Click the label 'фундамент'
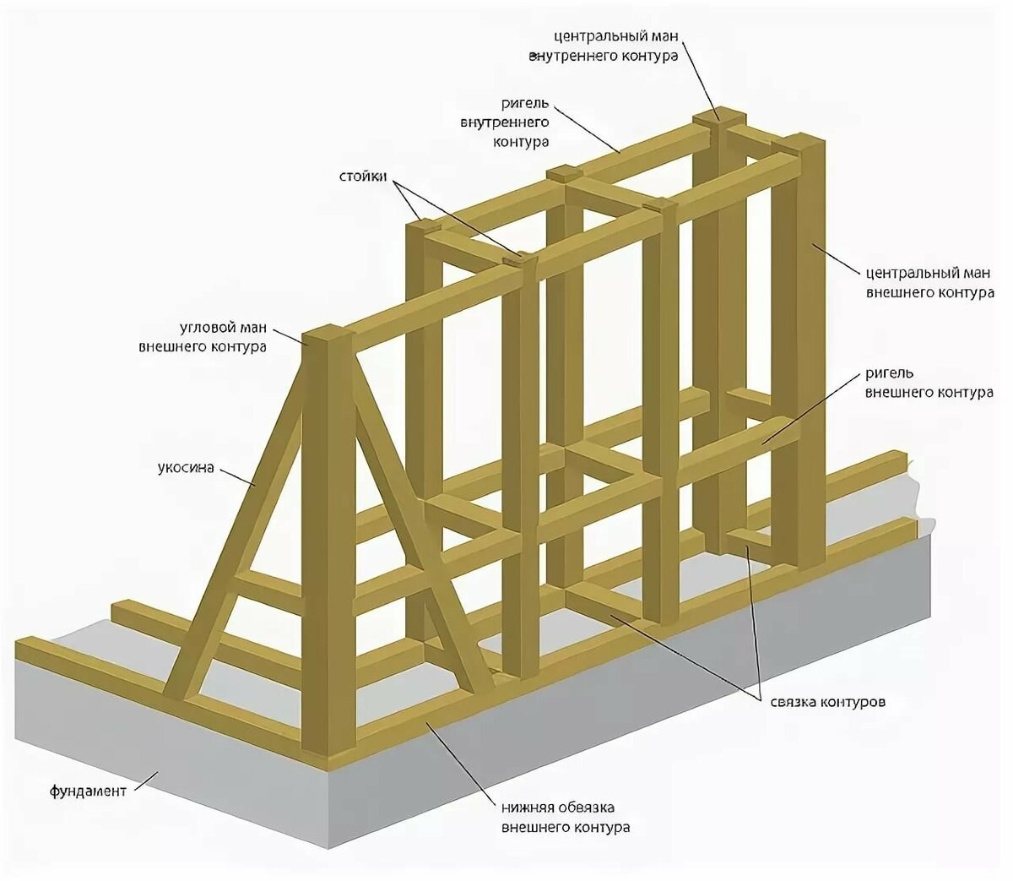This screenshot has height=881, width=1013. point(88,791)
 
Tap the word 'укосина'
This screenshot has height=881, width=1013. point(186,466)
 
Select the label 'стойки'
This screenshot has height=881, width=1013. point(363,177)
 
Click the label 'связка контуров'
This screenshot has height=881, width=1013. point(827,702)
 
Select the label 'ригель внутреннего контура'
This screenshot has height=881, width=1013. point(505,122)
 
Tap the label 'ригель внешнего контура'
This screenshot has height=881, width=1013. point(929,383)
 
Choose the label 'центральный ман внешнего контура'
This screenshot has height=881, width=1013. point(929,283)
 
